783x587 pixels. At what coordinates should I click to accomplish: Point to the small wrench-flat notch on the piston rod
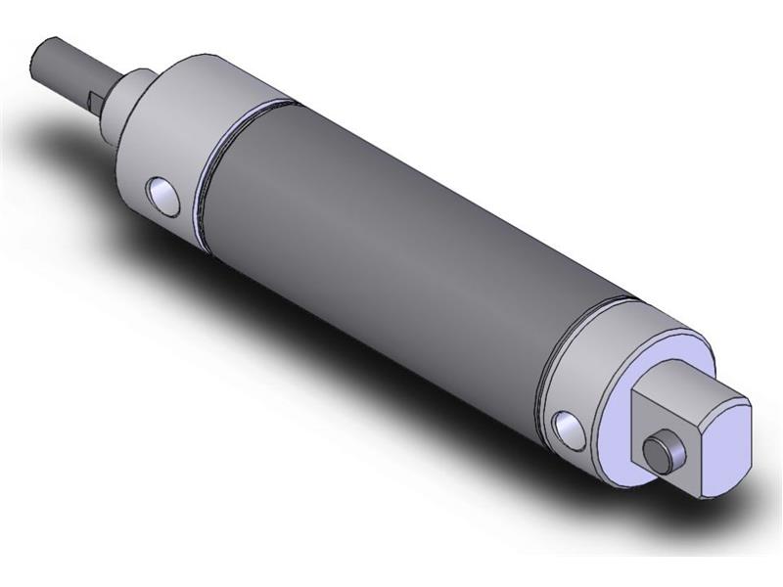(93, 98)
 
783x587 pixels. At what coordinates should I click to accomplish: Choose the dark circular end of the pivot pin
(653, 453)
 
